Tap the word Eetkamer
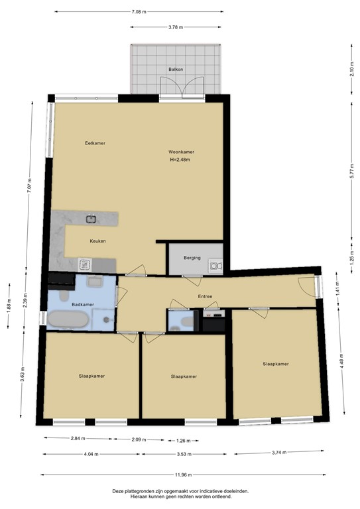click(95, 143)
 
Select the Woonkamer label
click(181, 152)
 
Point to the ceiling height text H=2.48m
click(180, 160)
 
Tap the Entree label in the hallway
click(205, 296)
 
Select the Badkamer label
click(83, 304)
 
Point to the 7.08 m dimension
click(139, 12)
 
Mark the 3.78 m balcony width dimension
click(176, 27)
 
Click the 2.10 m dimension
click(351, 69)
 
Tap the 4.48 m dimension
click(342, 364)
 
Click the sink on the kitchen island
click(91, 218)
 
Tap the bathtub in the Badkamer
click(68, 321)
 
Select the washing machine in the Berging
click(215, 265)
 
